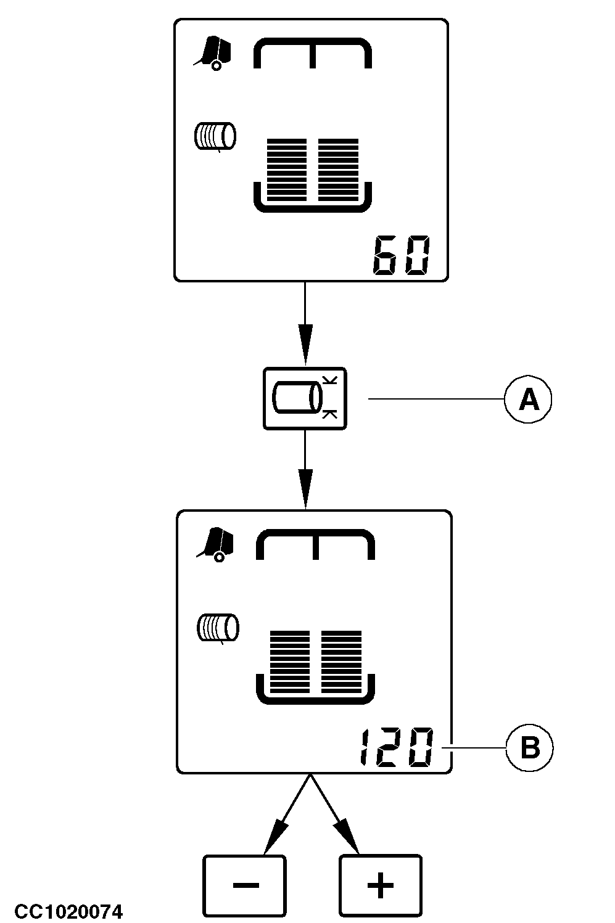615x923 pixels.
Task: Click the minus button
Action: (x=245, y=885)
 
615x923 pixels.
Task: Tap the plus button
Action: (x=380, y=885)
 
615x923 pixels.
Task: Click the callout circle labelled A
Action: (x=528, y=400)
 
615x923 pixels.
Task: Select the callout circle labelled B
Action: (x=530, y=748)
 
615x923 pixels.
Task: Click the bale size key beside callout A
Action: (x=305, y=398)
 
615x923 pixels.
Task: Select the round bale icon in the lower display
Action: (x=218, y=628)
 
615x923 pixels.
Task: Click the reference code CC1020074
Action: (x=68, y=911)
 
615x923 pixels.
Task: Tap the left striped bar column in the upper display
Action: (x=287, y=169)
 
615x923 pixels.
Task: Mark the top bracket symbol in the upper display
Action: (x=313, y=52)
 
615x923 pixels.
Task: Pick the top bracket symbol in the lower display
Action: (x=315, y=544)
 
